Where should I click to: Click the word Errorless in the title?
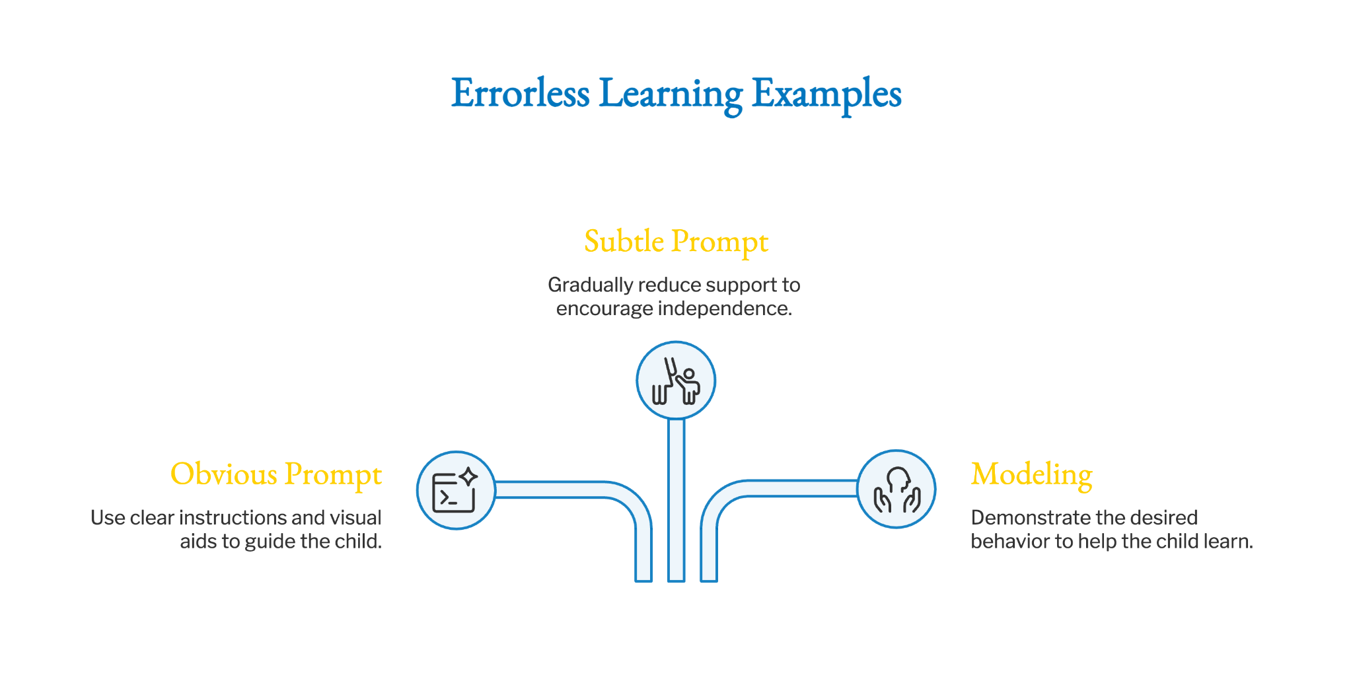520,93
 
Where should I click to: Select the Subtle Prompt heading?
676,242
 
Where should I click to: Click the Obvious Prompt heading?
276,475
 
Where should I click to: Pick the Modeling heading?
1031,475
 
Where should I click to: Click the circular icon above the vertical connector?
676,381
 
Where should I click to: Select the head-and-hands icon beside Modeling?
896,490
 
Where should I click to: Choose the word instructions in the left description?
242,517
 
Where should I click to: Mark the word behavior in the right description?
1010,541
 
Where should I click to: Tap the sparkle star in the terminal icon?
468,476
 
